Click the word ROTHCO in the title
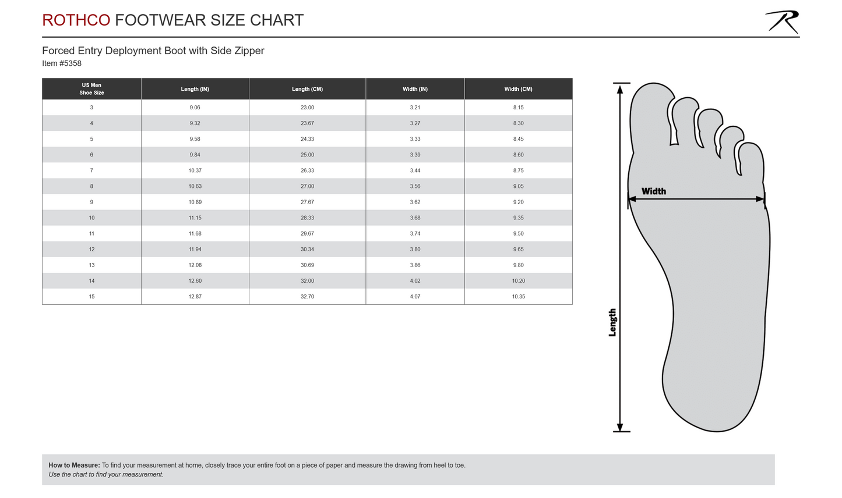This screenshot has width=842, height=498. click(x=76, y=20)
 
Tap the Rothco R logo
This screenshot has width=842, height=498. click(x=782, y=22)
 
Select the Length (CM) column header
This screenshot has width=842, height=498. click(x=307, y=89)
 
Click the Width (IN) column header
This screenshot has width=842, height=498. click(x=415, y=89)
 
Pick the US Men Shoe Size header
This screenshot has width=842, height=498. click(x=91, y=89)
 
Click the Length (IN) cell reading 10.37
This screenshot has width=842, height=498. click(x=195, y=170)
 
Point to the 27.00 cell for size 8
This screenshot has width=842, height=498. click(x=307, y=186)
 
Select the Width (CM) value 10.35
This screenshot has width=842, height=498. click(x=518, y=297)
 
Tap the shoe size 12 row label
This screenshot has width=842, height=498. click(x=91, y=249)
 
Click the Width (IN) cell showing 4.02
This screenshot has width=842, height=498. click(x=415, y=281)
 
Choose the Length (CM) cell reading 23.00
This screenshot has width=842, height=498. click(x=307, y=108)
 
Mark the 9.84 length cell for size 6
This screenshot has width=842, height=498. click(x=195, y=155)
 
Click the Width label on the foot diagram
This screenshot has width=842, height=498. click(x=653, y=191)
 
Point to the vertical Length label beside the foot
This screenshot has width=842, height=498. click(x=612, y=322)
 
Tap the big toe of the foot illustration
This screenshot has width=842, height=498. click(x=651, y=111)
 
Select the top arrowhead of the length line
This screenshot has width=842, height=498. click(x=620, y=89)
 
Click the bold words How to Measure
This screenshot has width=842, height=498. click(x=74, y=465)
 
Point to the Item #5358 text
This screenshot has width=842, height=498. click(x=62, y=63)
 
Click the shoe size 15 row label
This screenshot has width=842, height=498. click(x=91, y=297)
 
